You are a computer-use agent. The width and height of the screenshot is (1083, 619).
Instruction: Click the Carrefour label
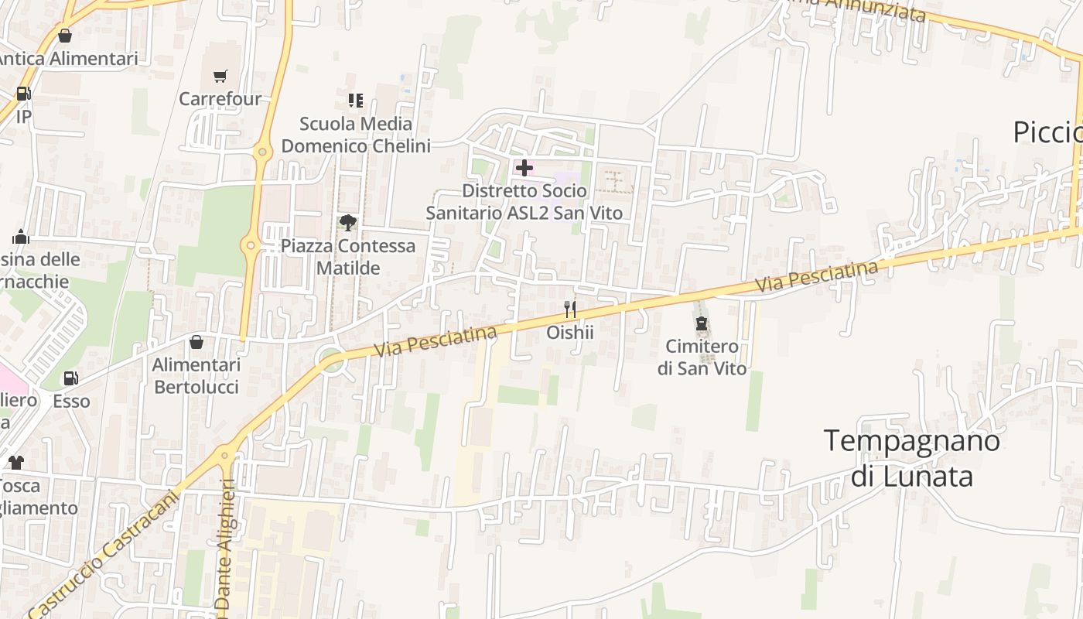[220, 99]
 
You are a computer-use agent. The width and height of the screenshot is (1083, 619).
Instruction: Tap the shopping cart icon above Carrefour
[220, 76]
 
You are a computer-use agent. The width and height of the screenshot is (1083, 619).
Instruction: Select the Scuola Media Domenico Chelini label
[356, 135]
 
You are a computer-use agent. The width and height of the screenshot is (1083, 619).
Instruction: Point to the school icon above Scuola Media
[356, 101]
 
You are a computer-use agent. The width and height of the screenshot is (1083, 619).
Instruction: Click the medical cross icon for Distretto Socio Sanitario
[524, 167]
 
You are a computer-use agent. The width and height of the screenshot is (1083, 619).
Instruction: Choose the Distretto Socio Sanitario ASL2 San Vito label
[524, 201]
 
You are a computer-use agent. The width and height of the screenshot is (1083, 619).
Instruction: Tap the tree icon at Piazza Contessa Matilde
[348, 223]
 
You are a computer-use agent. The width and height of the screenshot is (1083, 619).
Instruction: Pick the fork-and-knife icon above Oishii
[570, 309]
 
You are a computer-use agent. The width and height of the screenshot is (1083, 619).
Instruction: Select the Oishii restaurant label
[570, 333]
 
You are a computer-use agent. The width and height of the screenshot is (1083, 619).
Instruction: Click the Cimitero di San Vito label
[702, 357]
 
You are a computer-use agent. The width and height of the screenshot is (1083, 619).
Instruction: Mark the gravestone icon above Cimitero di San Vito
[702, 323]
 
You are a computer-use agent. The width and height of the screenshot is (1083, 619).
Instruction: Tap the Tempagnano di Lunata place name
[912, 458]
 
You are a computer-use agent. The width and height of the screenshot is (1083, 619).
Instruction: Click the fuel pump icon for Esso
[70, 378]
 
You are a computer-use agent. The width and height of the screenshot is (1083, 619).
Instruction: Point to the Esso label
[71, 402]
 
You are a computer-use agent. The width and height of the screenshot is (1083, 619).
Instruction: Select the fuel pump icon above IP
[23, 94]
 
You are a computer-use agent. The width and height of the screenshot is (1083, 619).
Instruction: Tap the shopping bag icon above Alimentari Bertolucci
[196, 342]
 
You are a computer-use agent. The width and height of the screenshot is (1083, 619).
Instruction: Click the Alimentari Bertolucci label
[196, 375]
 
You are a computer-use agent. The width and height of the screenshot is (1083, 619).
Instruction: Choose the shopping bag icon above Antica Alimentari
[65, 36]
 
